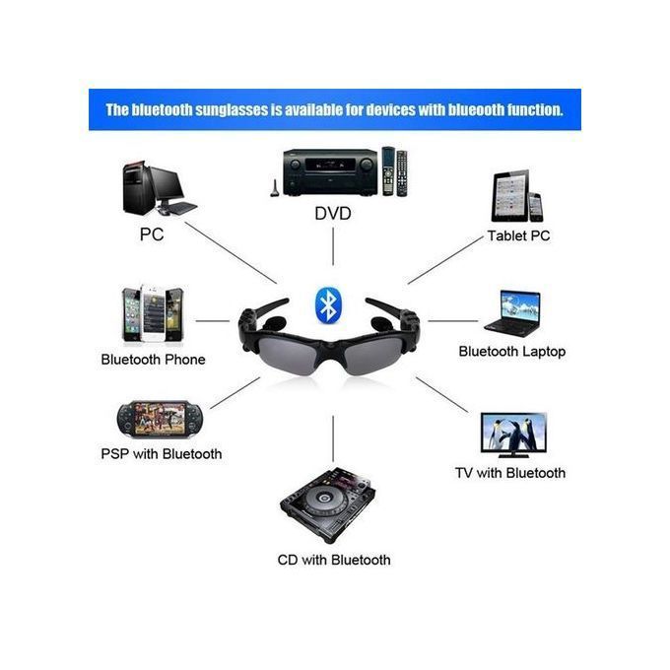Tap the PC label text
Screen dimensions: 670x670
152,235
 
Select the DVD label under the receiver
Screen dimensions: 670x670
332,214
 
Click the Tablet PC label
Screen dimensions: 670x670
518,235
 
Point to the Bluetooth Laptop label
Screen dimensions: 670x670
511,351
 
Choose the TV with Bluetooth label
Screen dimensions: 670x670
509,473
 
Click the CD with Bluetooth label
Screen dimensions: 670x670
333,560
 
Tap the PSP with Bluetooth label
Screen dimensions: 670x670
161,453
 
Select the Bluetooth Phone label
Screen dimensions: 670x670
153,360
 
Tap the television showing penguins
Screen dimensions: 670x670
513,435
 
